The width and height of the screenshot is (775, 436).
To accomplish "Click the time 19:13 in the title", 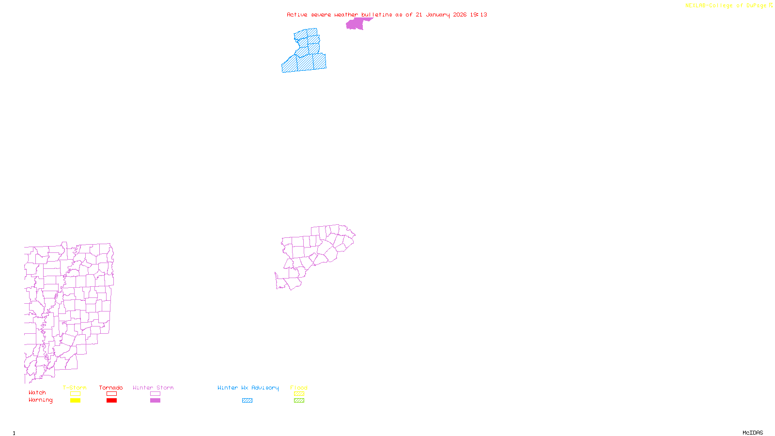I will [x=479, y=15].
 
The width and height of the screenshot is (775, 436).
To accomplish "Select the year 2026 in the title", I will [x=460, y=15].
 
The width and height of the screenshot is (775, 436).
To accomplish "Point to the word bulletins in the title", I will [x=376, y=15].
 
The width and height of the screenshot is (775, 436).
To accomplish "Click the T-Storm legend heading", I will [x=75, y=388].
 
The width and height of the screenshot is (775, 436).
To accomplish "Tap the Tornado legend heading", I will [x=111, y=388].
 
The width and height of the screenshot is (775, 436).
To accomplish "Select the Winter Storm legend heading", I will [x=153, y=388].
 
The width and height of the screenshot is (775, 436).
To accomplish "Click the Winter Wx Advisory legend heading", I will [x=248, y=388].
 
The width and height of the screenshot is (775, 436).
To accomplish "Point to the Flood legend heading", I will [x=299, y=388].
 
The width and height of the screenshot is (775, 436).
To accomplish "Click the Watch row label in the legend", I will [x=37, y=392].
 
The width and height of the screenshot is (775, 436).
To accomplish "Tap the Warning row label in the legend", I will [x=41, y=400].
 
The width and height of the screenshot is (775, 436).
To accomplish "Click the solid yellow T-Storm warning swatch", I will [x=75, y=401].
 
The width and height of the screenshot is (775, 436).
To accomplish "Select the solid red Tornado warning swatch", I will [x=111, y=401].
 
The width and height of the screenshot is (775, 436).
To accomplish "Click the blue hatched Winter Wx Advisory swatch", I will [x=247, y=401].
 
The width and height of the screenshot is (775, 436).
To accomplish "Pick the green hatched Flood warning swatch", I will [x=299, y=401].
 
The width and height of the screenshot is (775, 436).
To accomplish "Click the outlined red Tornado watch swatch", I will [x=111, y=394].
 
